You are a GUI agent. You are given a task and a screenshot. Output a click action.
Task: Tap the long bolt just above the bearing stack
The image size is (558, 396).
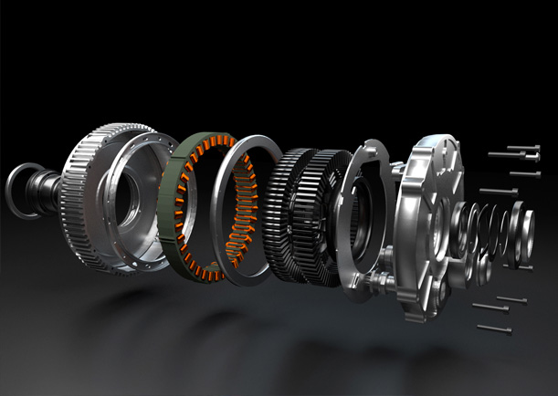click(x=497, y=192)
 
